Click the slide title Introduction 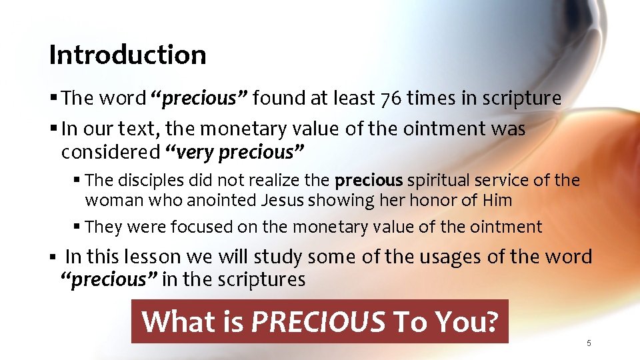pos(127,55)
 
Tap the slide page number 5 pos(589,343)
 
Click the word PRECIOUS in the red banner pos(318,321)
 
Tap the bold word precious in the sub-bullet pos(369,180)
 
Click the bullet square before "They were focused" pos(78,227)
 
